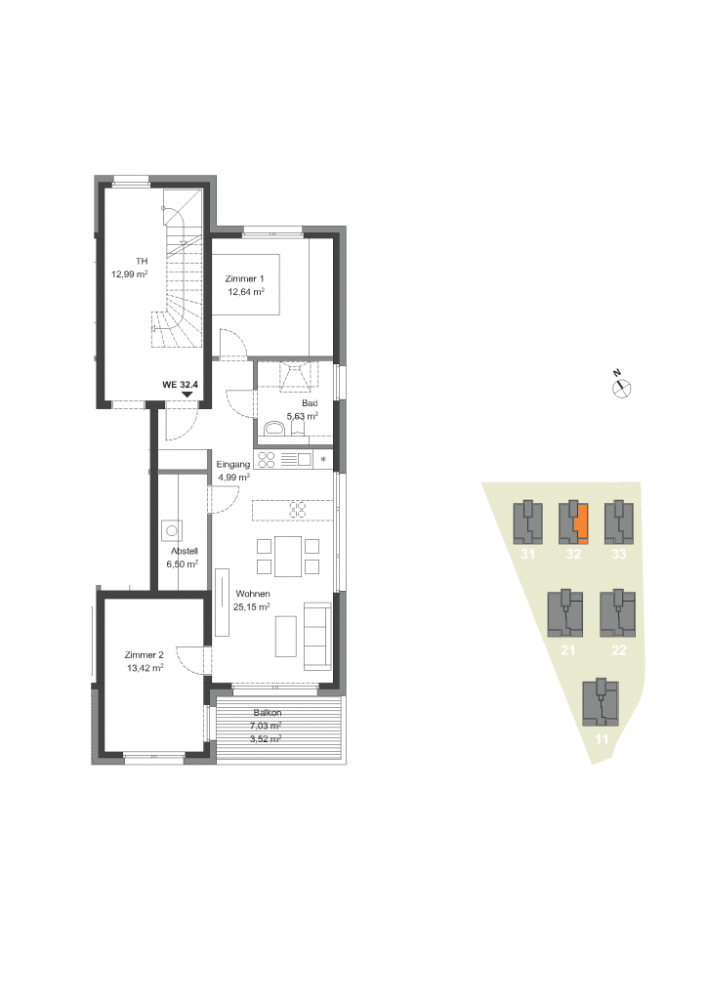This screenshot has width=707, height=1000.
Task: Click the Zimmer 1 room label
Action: tap(244, 278)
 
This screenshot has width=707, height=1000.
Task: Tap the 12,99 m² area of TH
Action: tap(130, 274)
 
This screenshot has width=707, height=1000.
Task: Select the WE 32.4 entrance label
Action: tap(181, 385)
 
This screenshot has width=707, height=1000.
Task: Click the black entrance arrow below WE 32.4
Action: tap(187, 395)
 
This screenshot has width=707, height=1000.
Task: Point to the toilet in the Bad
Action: tap(275, 428)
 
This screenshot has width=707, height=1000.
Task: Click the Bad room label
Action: tap(310, 403)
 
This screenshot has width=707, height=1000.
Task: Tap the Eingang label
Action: tap(232, 464)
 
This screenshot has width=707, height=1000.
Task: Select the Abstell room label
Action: tap(185, 551)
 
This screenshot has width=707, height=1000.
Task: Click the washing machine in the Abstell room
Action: tap(172, 530)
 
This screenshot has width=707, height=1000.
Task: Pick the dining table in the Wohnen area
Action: tap(288, 556)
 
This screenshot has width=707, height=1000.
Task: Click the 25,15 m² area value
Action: tap(251, 607)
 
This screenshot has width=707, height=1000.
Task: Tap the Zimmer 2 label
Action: tap(145, 655)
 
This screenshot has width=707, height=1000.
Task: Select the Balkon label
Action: tap(268, 712)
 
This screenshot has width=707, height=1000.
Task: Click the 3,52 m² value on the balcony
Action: tap(266, 738)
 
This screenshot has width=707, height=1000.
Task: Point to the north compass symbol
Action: tap(622, 387)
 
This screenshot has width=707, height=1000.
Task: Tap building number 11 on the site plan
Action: tap(602, 740)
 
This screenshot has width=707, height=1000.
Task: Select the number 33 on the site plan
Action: tap(619, 555)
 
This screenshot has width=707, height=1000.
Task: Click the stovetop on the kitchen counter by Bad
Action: tap(267, 459)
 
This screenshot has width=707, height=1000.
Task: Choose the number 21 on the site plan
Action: tap(567, 650)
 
